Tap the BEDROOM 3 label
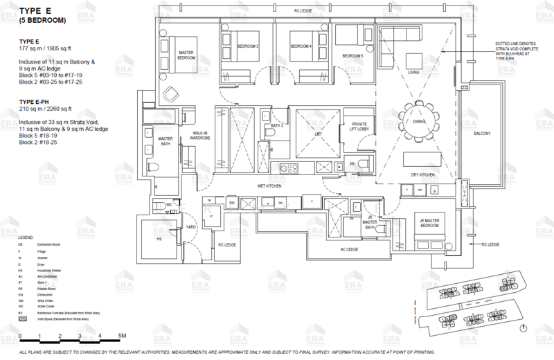pyautogui.click(x=249, y=46)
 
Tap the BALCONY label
pyautogui.click(x=482, y=133)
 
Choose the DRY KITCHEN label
pyautogui.click(x=422, y=175)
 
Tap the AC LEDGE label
pyautogui.click(x=348, y=249)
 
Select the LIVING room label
pyautogui.click(x=413, y=72)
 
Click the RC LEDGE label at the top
pyautogui.click(x=303, y=11)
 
